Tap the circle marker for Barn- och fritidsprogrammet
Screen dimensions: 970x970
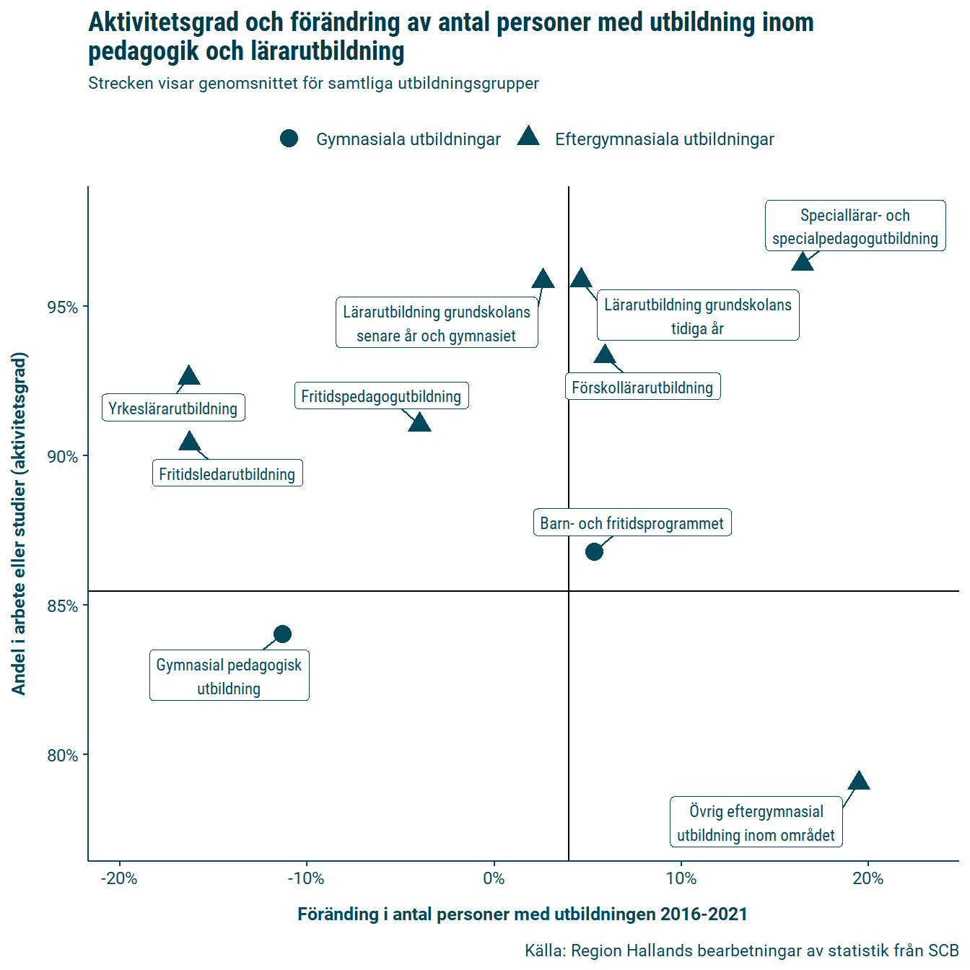594,552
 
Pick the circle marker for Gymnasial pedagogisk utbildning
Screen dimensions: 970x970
283,634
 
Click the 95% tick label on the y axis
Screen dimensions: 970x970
63,307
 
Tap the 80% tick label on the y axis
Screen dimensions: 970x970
63,756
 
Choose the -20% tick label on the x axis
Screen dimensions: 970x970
119,878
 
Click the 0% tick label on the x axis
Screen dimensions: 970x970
494,878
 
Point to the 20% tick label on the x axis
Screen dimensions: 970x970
868,878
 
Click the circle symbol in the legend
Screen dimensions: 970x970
289,139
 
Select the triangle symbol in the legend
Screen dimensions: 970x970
528,137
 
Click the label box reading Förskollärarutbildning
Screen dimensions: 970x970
642,388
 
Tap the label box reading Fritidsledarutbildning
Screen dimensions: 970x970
227,474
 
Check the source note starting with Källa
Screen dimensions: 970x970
741,951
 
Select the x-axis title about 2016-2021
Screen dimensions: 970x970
523,914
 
